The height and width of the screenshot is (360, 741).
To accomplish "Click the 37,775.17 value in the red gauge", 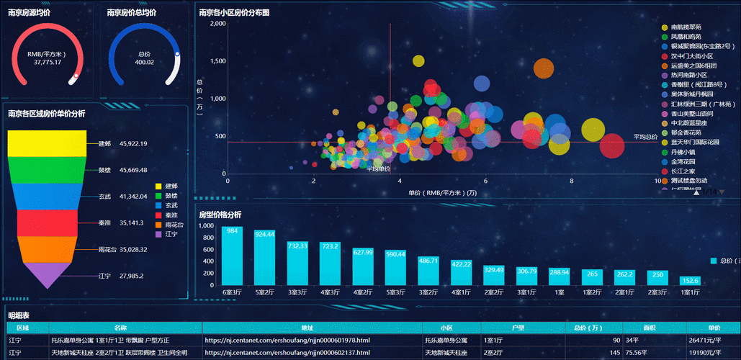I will point(48,62).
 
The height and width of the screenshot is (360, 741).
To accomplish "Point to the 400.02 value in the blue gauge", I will point(145,62).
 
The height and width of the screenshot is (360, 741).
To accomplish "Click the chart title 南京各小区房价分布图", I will point(234,12).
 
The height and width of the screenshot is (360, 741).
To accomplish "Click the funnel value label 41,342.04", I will point(133,197).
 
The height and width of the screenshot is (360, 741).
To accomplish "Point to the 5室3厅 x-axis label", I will point(395,293).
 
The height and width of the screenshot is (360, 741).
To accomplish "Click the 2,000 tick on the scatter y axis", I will point(217,24).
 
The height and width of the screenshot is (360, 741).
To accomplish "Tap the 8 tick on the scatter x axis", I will point(572,181).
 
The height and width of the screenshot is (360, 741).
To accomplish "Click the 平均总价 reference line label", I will point(645,136).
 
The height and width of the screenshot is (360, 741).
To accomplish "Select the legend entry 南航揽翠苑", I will point(685,27).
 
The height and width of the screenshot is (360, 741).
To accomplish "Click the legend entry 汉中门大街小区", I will point(691,55).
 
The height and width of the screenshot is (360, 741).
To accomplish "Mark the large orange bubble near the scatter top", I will point(543,69).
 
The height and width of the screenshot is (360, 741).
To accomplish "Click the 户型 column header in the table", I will point(517,328).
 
